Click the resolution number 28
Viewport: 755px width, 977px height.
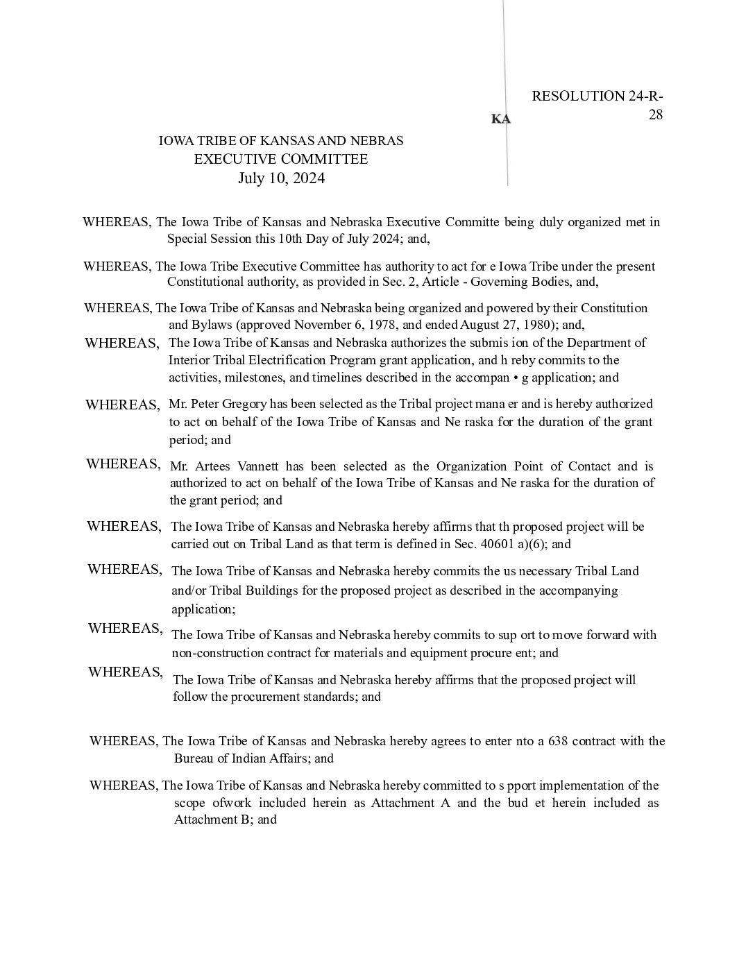coord(655,114)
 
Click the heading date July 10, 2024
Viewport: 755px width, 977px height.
coord(281,178)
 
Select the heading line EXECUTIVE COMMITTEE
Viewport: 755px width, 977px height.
coord(280,159)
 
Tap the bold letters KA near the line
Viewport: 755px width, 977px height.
coord(500,119)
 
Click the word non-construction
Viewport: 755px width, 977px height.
coord(220,653)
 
